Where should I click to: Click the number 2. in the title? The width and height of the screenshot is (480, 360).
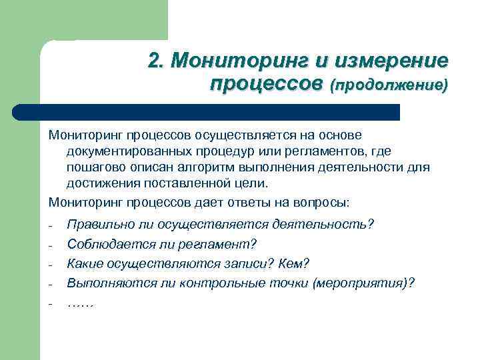tap(157, 61)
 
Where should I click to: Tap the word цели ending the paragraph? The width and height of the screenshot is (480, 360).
tap(255, 183)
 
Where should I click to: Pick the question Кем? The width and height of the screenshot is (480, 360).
tap(295, 263)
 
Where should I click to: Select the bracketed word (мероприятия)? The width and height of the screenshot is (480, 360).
tap(361, 283)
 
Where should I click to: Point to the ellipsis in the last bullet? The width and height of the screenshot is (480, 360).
tap(81, 304)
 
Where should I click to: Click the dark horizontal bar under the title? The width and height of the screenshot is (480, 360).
tap(207, 111)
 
